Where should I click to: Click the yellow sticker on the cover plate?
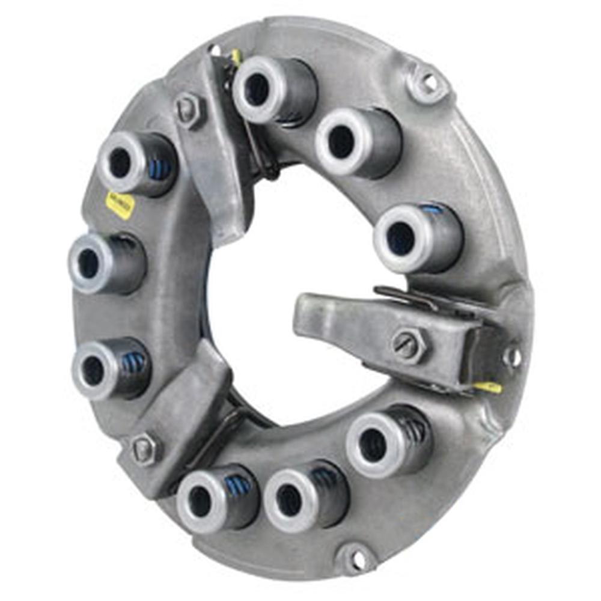pos(120,204)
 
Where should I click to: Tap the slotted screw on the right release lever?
pos(409,346)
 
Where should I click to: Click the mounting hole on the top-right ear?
pos(429,82)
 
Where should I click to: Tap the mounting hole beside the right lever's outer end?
pos(513,356)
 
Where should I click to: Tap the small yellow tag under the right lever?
pos(488,388)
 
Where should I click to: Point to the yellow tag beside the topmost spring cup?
pos(236,57)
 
